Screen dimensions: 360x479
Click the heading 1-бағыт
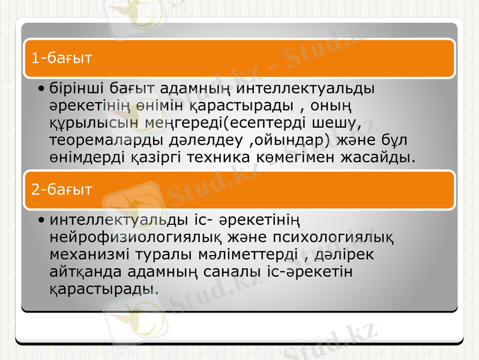coord(61,58)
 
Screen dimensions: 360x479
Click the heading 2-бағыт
coord(61,190)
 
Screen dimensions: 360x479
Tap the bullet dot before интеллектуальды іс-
coord(40,220)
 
